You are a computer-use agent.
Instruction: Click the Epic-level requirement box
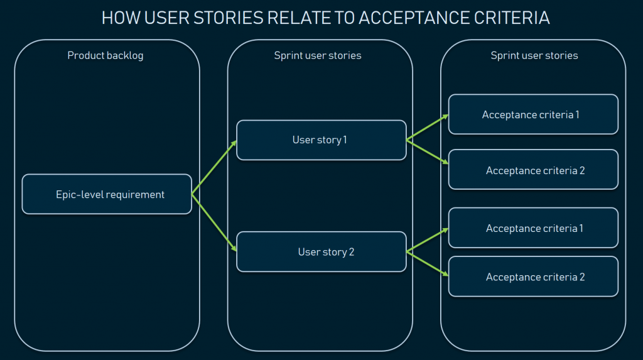click(107, 194)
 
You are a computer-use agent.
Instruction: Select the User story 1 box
click(321, 140)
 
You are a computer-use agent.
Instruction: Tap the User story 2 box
click(321, 252)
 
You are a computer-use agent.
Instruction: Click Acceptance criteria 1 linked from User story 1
click(533, 114)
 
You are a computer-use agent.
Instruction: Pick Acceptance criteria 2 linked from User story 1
click(533, 170)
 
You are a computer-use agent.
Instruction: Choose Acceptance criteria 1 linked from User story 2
click(533, 228)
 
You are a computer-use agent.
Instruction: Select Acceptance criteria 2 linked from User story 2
click(533, 276)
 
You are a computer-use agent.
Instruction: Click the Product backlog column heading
click(105, 55)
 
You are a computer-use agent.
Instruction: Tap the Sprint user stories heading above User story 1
click(318, 55)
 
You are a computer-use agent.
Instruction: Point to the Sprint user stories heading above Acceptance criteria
click(534, 55)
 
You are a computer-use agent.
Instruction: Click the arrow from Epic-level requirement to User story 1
click(214, 167)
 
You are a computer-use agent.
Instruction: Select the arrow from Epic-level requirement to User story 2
click(214, 223)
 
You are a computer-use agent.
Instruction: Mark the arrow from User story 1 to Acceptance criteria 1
click(428, 128)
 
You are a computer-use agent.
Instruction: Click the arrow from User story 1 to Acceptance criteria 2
click(428, 152)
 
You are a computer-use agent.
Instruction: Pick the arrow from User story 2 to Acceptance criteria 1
click(428, 240)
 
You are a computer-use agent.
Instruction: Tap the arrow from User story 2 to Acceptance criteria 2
click(428, 264)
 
